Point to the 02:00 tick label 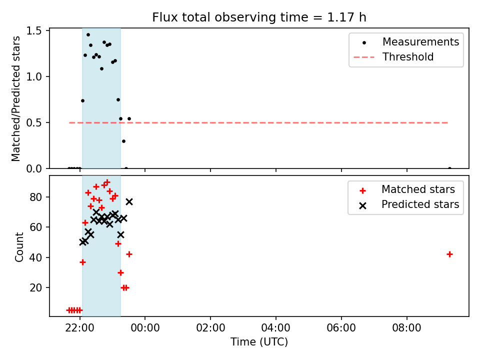click(210, 328)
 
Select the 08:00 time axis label click(407, 328)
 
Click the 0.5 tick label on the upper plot click(34, 123)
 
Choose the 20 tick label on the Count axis click(36, 288)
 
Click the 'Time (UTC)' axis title click(259, 342)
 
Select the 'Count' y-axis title click(19, 247)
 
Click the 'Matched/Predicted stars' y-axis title click(15, 98)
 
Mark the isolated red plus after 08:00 click(449, 254)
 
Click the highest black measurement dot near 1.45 click(88, 35)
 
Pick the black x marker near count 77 click(129, 201)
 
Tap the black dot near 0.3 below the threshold click(123, 141)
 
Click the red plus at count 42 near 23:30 click(129, 254)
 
